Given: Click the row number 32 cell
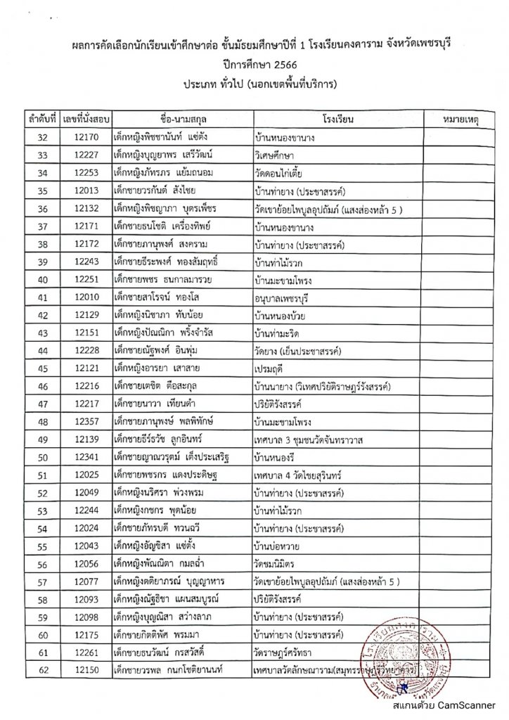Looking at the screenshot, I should pos(42,137).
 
